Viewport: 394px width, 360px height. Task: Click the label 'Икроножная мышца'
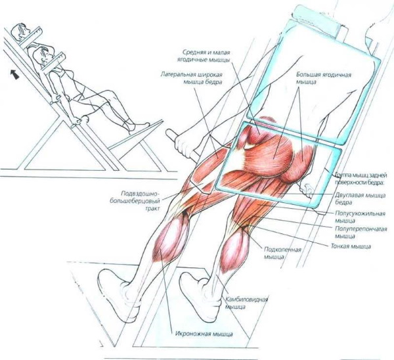[204, 334]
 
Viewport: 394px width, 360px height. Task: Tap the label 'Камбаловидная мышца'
[246, 303]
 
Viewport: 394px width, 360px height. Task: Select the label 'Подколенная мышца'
[282, 253]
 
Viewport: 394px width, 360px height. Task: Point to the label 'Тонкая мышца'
[351, 246]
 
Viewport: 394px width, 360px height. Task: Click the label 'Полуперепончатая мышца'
[361, 233]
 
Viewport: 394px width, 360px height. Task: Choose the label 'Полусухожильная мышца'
[361, 217]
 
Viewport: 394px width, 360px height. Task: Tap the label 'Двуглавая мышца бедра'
[361, 198]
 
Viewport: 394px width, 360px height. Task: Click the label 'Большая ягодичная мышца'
[323, 78]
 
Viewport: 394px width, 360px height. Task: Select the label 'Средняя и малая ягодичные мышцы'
[206, 56]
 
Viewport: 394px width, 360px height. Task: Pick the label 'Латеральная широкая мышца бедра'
[192, 78]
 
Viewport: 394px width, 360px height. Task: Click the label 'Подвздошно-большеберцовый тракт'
[137, 201]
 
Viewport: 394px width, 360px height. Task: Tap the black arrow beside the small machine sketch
[15, 75]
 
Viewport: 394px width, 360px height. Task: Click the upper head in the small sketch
[22, 32]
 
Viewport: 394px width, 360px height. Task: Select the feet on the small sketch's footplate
[139, 126]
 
